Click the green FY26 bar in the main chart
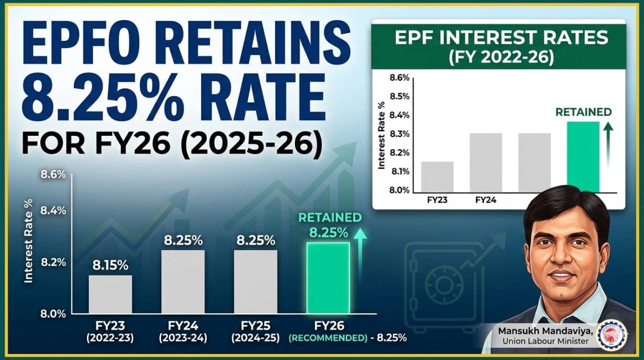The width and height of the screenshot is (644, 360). tap(328, 278)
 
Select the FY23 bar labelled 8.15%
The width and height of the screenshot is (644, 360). tap(110, 294)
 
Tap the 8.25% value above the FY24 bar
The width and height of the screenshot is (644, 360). tap(184, 241)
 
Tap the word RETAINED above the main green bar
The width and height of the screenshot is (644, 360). tap(330, 218)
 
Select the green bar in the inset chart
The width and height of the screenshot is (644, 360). tap(583, 157)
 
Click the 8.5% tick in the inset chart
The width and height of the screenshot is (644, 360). tap(399, 97)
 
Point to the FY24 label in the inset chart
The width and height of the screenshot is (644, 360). tap(486, 200)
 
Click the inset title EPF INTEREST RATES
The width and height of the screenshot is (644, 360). tap(499, 38)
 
